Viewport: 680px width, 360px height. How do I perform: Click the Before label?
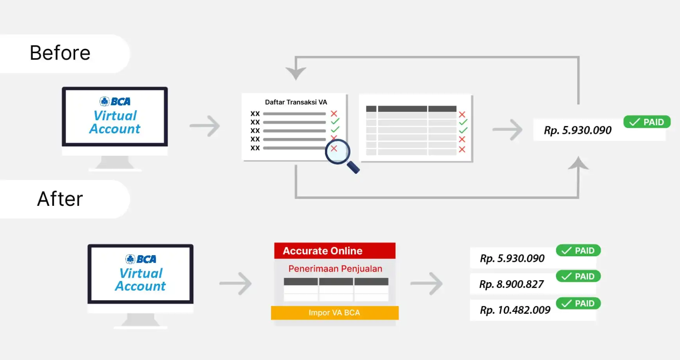[60, 53]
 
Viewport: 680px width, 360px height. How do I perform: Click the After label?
[60, 199]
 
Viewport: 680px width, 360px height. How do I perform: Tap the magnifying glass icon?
[341, 155]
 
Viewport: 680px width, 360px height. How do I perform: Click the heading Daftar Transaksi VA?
[296, 102]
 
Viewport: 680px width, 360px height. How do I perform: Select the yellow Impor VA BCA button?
[335, 313]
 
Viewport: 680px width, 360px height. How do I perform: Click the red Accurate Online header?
[335, 251]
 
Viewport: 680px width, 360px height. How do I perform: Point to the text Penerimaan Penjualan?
[335, 269]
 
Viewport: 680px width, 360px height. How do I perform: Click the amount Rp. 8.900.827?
[511, 284]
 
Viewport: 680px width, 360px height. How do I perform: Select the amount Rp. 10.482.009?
[515, 310]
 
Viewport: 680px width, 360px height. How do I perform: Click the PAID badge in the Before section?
[647, 122]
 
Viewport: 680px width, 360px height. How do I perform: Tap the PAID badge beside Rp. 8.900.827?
[578, 276]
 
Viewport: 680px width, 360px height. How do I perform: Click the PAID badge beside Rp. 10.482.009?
[578, 303]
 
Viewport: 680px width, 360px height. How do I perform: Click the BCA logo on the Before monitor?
[115, 102]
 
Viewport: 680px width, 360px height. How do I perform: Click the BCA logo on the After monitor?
[141, 259]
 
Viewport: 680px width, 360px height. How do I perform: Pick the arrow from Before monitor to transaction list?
[205, 126]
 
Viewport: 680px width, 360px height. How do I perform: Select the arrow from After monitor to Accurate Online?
[235, 283]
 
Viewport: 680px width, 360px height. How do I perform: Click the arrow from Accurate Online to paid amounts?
[427, 283]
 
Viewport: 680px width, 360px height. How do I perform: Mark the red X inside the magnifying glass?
[334, 148]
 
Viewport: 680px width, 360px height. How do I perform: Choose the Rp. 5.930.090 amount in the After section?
[512, 259]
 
